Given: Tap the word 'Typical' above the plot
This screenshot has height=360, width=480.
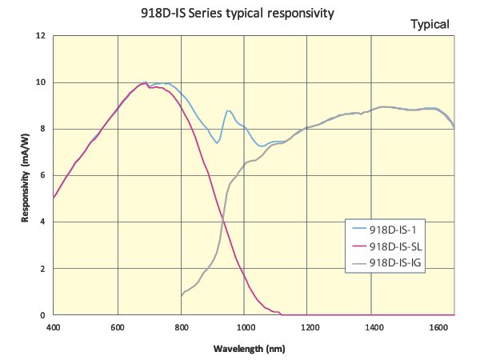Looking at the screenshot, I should click(430, 24).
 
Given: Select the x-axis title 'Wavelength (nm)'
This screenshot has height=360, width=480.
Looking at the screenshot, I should click(249, 349).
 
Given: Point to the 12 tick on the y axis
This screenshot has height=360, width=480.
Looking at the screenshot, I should click(40, 36).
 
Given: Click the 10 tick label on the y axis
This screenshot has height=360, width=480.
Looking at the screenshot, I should click(40, 82).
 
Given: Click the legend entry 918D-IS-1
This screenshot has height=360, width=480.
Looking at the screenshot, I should click(395, 230).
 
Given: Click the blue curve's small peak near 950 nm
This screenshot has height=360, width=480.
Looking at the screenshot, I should click(228, 110).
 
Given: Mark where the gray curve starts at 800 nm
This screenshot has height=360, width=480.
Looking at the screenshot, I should click(182, 296).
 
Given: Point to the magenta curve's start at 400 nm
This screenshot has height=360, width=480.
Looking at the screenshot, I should click(54, 198).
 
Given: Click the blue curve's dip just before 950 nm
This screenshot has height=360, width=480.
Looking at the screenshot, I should click(217, 143).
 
